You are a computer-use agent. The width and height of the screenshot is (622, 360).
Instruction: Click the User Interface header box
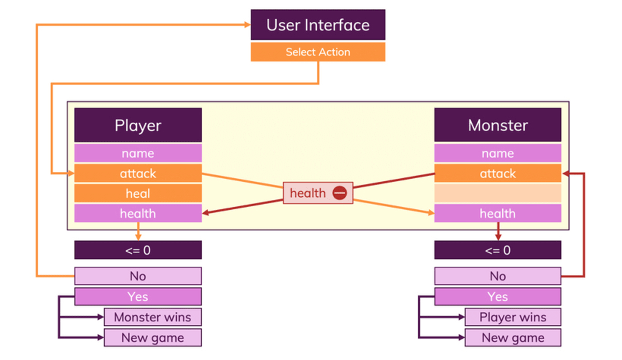[x=318, y=25]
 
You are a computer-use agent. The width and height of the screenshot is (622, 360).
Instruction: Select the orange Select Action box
[x=318, y=52]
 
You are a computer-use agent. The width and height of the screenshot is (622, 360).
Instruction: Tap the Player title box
[x=138, y=125]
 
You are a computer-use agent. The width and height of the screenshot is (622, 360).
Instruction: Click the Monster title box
[x=498, y=125]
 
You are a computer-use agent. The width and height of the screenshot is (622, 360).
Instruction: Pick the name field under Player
[x=138, y=153]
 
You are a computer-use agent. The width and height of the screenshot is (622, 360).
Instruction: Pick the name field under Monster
[x=498, y=153]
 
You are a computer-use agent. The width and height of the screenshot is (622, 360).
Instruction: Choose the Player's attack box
[x=138, y=174]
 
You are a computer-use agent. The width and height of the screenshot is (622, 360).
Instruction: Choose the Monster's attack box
[x=498, y=174]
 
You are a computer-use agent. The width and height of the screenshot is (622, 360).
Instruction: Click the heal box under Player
[x=138, y=193]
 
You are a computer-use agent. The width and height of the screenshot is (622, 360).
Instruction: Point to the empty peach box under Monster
[x=498, y=193]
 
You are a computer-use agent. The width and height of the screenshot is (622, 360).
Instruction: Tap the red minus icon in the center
[x=340, y=193]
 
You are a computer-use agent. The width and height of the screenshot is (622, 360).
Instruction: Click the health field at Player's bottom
[x=138, y=213]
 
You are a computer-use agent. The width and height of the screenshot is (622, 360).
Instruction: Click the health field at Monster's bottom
[x=498, y=213]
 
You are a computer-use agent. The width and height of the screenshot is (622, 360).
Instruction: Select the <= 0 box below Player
[x=138, y=250]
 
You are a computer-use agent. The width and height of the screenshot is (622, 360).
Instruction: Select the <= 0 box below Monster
[x=498, y=250]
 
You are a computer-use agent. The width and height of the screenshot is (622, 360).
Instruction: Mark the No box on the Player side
[x=138, y=276]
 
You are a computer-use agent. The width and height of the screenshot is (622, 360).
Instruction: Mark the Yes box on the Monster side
[x=498, y=297]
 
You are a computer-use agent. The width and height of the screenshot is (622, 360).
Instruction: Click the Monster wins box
[x=152, y=317]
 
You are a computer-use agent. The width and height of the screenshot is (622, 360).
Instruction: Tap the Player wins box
[x=513, y=317]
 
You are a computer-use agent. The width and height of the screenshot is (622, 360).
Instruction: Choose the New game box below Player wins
[x=513, y=338]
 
